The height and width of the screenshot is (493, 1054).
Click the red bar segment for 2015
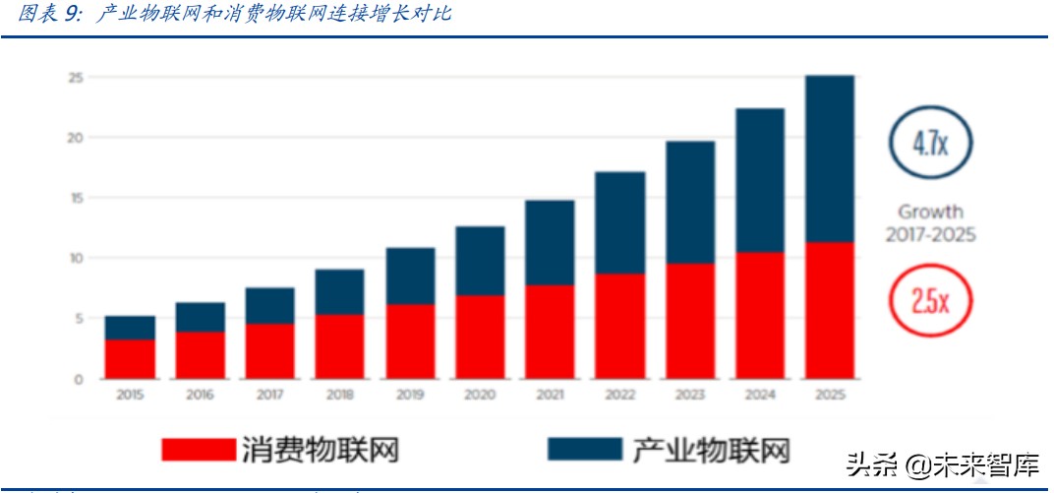click(130, 359)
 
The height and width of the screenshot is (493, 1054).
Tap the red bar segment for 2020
click(480, 337)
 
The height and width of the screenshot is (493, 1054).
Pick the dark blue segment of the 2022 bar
click(619, 222)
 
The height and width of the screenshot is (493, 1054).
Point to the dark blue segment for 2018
click(339, 292)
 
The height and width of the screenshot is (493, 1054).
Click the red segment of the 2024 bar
click(759, 315)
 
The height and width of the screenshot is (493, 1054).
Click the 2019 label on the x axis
click(409, 394)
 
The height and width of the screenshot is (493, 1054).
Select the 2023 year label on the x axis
click(689, 394)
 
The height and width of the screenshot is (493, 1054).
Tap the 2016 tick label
click(200, 394)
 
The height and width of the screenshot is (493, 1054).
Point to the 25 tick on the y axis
click(74, 77)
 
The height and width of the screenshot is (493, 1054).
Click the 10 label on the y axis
click(74, 258)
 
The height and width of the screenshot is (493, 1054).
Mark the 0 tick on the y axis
click(78, 379)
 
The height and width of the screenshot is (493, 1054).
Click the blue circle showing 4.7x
click(929, 145)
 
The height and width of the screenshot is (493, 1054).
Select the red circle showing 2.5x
click(929, 299)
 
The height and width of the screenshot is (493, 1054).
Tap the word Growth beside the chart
click(930, 212)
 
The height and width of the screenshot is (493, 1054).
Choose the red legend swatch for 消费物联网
click(196, 449)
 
